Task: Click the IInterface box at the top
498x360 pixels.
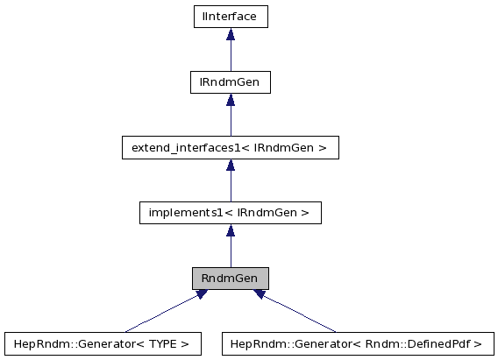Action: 230,17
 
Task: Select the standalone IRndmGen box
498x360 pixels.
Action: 230,82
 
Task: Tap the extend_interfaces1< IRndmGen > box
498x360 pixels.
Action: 230,148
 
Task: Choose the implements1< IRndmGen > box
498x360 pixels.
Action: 230,213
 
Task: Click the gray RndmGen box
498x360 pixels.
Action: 230,279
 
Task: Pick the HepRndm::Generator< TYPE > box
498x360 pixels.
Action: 103,343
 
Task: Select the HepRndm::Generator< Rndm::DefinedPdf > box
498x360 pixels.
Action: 358,343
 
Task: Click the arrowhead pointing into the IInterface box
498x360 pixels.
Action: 231,34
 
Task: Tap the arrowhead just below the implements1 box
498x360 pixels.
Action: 231,230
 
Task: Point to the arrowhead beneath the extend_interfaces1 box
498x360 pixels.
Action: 231,165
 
